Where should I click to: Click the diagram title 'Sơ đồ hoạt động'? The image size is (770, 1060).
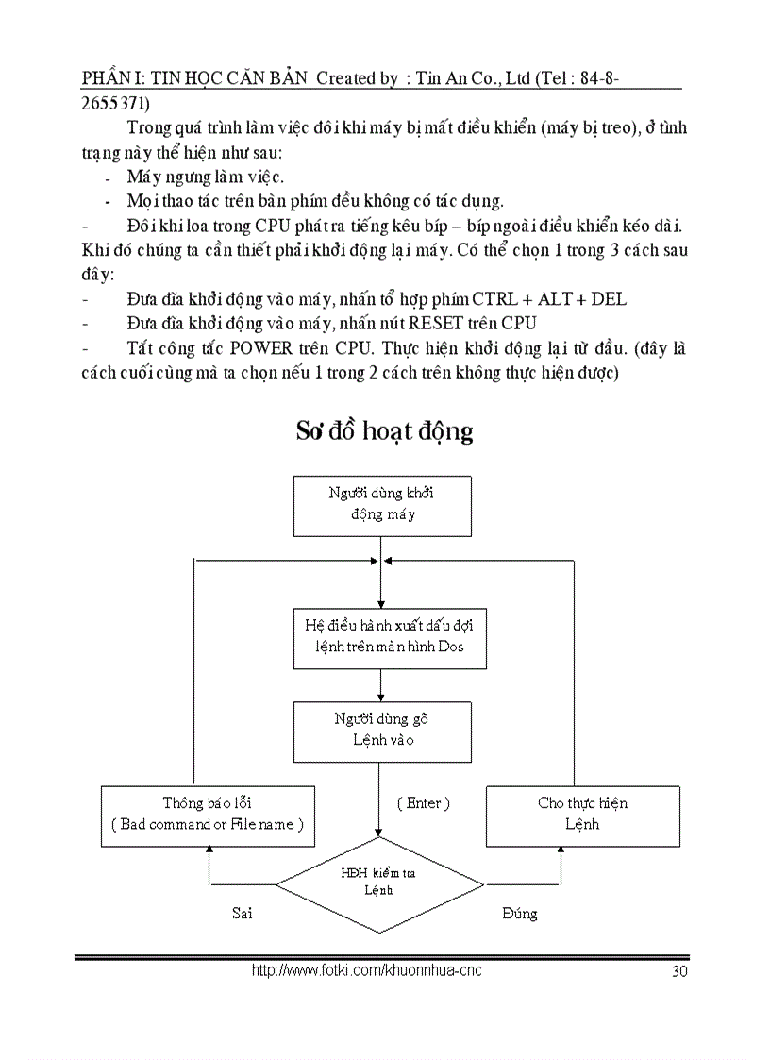384,431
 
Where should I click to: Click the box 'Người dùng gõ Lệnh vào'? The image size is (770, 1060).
382,730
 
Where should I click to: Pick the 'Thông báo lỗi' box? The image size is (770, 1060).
208,815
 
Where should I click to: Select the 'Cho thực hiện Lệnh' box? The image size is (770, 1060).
582,815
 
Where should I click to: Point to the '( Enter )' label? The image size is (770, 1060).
423,803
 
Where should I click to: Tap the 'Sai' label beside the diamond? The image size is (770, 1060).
243,913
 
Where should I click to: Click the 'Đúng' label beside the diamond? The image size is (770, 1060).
519,913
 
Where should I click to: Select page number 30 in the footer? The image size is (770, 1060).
678,972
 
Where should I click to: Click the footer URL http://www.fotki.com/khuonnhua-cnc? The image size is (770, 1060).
366,970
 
